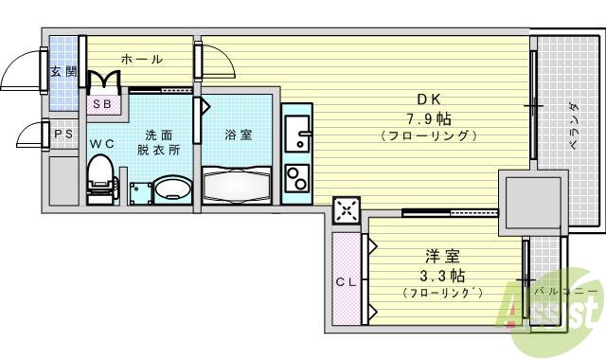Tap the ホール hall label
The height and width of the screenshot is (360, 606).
(x=141, y=59)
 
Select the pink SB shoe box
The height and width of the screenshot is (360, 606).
(x=103, y=104)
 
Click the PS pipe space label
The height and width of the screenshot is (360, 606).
(x=63, y=134)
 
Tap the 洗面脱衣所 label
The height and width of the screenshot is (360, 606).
(x=155, y=141)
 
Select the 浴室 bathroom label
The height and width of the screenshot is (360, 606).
(x=238, y=135)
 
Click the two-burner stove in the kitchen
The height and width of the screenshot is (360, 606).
(x=297, y=177)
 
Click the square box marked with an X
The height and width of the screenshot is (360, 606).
(x=347, y=212)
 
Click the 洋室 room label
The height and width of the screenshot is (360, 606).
(x=442, y=255)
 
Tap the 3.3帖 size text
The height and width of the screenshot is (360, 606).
(x=442, y=275)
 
